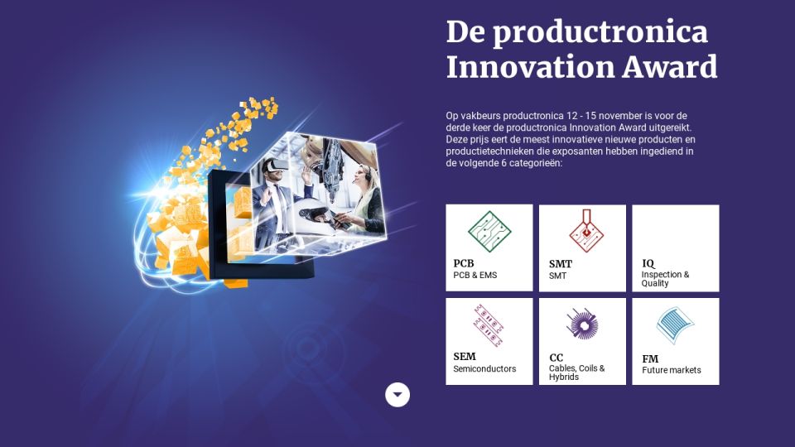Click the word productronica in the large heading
(600, 33)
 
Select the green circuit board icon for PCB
(489, 232)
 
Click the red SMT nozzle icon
(586, 231)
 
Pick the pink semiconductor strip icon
(488, 325)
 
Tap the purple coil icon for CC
(582, 324)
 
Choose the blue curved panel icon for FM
(675, 324)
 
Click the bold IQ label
(648, 263)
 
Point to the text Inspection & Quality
(665, 279)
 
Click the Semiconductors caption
(484, 369)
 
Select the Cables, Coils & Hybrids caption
(577, 372)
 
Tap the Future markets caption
(672, 371)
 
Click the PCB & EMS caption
(475, 275)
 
